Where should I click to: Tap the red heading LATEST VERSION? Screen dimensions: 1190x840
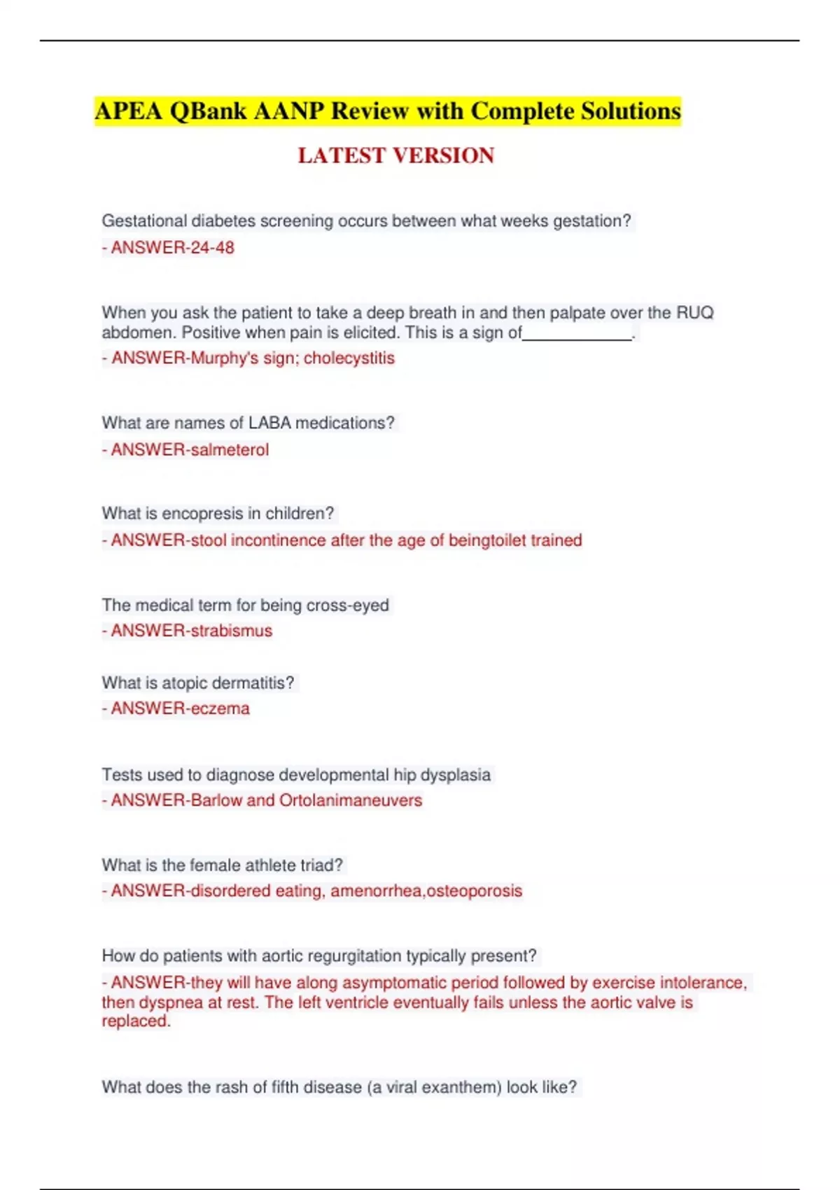396,155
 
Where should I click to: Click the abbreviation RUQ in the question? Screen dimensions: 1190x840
694,313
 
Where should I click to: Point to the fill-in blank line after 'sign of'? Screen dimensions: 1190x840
577,335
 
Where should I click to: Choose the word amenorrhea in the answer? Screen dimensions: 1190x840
376,891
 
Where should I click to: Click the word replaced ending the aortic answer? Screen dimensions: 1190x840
134,1021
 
